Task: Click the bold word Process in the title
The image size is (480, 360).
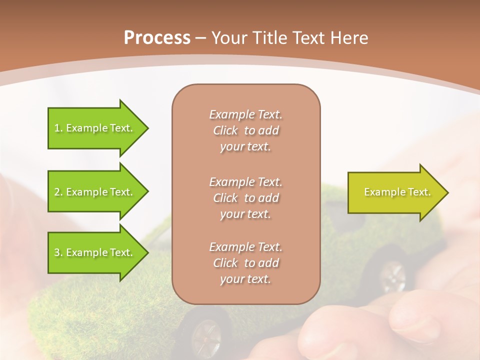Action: [157, 38]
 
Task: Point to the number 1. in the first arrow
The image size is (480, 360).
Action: [58, 128]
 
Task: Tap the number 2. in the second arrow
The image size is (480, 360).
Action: [58, 192]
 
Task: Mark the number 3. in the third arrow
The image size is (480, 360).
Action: [58, 252]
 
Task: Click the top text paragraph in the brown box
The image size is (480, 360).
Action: [245, 130]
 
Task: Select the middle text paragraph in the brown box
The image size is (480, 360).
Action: [245, 197]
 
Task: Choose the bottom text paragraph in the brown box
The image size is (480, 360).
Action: [245, 263]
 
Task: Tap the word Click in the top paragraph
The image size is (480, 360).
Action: [225, 130]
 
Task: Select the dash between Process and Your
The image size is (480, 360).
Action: [201, 38]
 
